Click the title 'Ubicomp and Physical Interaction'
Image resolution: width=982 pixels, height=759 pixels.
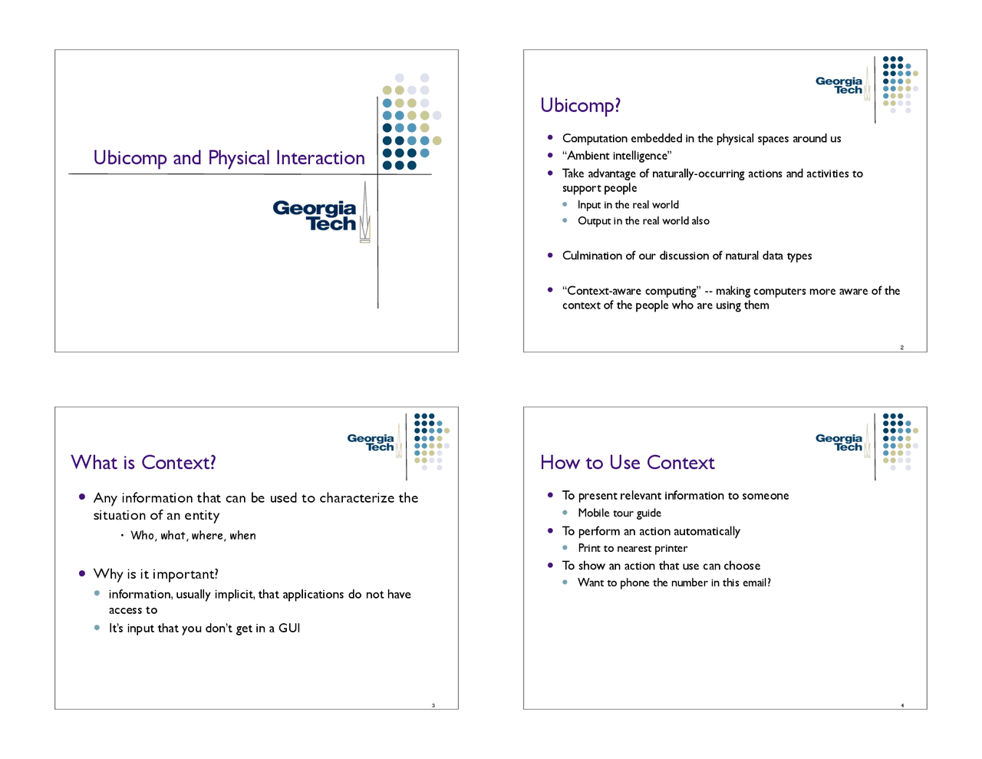point(229,158)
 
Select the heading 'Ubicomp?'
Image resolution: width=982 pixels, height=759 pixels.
point(580,106)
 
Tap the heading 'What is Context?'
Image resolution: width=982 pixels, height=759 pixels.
point(143,463)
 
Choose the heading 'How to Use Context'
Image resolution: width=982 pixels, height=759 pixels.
point(628,463)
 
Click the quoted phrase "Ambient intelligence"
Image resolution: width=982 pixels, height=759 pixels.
point(617,156)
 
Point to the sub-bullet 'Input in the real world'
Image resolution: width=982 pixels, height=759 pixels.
point(628,205)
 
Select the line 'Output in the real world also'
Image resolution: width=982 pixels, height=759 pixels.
point(644,220)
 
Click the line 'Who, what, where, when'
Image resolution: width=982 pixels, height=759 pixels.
point(193,536)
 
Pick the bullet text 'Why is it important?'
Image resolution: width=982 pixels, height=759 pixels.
point(156,574)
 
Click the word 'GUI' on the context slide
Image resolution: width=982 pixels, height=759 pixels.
point(289,629)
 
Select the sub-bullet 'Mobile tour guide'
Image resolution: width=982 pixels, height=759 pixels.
point(619,513)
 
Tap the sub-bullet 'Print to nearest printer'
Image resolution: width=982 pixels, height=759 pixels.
point(632,549)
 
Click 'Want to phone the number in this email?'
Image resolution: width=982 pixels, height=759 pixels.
point(674,582)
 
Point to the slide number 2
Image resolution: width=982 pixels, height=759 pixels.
point(901,348)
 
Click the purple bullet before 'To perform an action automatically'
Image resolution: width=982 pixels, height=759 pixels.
point(550,530)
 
